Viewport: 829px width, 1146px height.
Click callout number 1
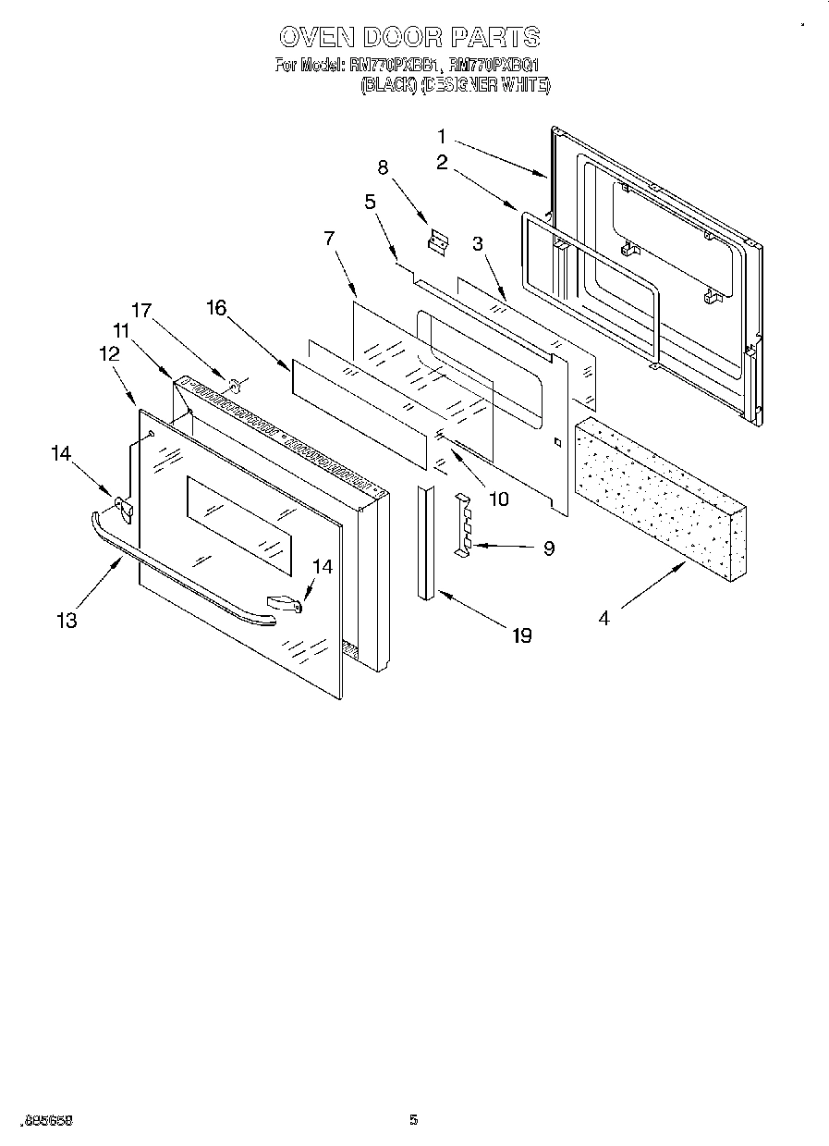[441, 135]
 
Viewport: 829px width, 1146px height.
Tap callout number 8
[383, 167]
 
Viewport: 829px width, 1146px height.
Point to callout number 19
[521, 635]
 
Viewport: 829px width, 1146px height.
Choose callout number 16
[215, 308]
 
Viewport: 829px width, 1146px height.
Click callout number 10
[498, 499]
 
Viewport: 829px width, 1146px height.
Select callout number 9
[548, 548]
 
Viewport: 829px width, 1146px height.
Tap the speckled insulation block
[661, 499]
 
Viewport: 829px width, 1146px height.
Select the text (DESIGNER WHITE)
[485, 85]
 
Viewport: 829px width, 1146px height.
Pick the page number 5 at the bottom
[414, 1121]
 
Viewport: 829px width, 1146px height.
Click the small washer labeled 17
[233, 382]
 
